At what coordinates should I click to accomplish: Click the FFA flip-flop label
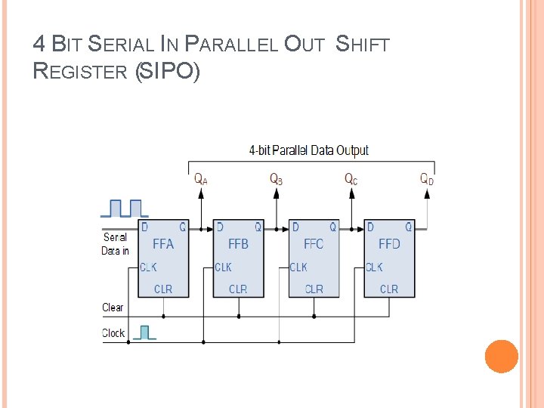point(163,244)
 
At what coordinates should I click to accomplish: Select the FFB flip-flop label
point(239,244)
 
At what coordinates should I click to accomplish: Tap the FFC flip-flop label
point(314,244)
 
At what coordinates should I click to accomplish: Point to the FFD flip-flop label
point(389,244)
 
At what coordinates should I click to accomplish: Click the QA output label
point(201,179)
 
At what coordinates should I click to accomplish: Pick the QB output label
point(277,179)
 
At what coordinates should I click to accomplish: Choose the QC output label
point(351,179)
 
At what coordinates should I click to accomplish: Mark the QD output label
point(427,179)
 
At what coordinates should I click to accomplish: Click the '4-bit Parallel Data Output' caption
point(309,150)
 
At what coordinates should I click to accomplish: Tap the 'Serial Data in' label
point(116,243)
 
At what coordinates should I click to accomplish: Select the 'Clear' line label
point(113,308)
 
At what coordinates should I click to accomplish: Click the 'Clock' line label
point(113,333)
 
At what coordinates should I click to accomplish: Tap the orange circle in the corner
point(501,357)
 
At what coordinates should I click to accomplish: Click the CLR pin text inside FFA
point(163,289)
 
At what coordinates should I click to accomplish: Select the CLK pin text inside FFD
point(374,267)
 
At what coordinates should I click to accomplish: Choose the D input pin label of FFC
point(295,227)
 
